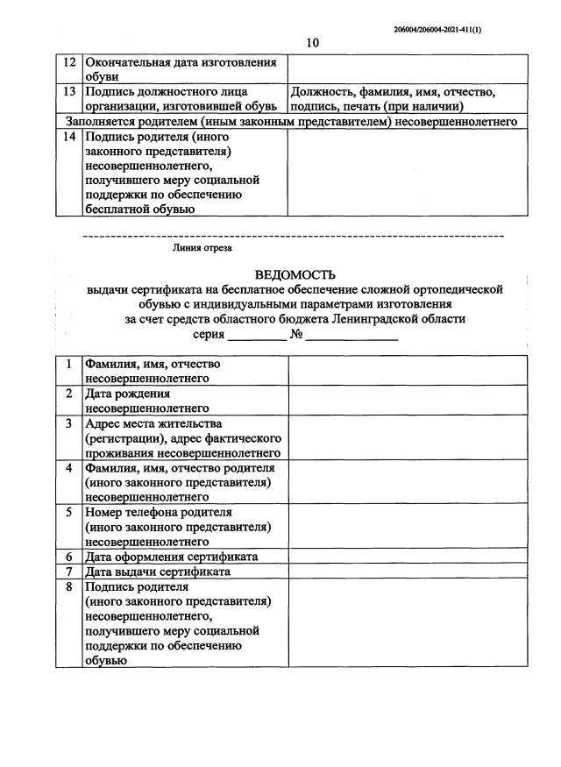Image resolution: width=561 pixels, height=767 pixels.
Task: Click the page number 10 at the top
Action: tap(314, 43)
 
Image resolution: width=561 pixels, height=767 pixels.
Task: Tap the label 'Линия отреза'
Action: tap(202, 248)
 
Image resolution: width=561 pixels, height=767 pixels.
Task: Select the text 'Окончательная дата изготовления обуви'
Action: tap(180, 69)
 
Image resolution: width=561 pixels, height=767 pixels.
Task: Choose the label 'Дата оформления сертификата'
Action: tap(171, 557)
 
